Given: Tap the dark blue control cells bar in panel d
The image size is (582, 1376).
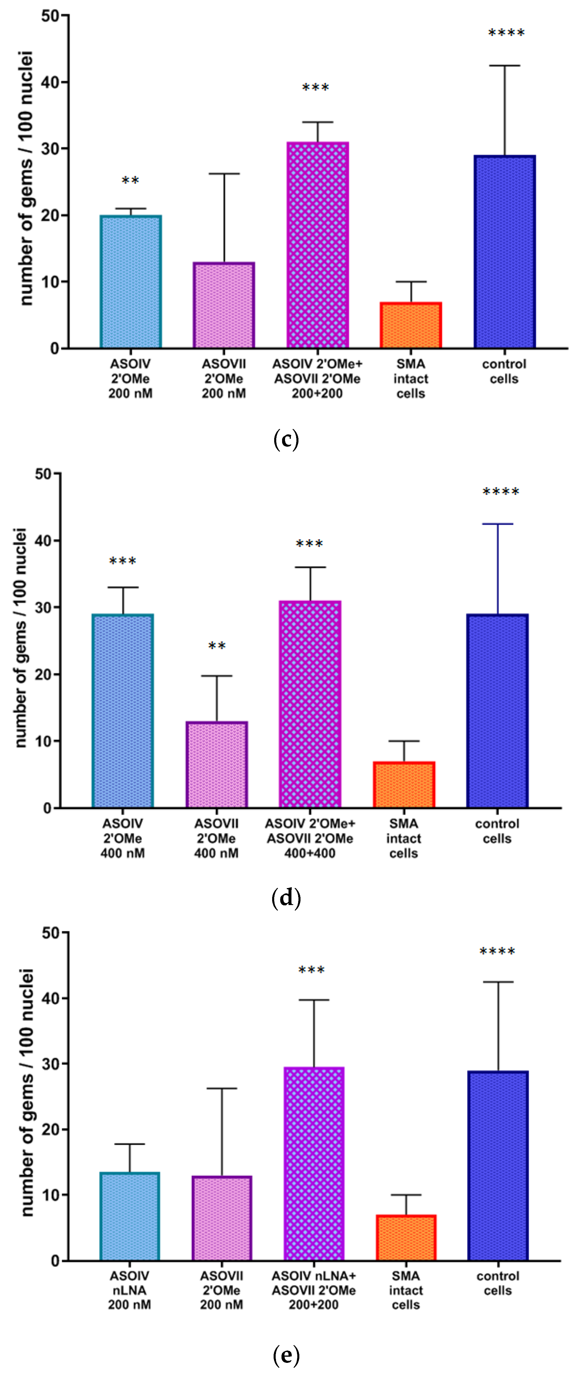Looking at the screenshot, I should [497, 711].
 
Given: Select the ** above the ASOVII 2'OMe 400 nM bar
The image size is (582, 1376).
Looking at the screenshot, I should [217, 646].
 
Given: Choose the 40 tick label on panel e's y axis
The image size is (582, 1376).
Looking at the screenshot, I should [51, 998].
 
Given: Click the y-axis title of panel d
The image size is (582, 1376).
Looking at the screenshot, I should [20, 638].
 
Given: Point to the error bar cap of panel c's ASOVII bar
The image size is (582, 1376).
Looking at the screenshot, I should [224, 173].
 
